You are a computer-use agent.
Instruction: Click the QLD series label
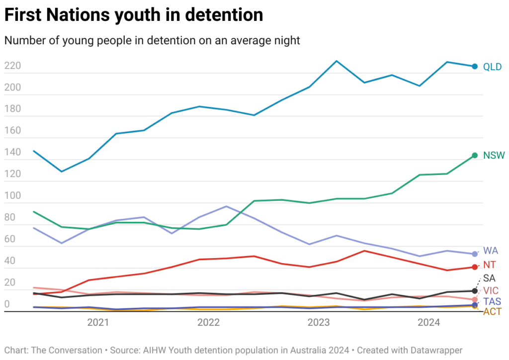pos(492,67)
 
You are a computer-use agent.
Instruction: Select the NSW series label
pos(494,156)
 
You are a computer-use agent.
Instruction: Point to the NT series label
pos(490,265)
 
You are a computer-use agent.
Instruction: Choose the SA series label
pos(489,278)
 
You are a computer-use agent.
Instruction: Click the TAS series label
pos(492,301)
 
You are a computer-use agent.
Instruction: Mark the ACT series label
pos(492,312)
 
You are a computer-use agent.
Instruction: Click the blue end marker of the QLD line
pos(475,67)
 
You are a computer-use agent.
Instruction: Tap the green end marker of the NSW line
pos(475,155)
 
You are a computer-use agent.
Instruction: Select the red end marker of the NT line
pos(475,267)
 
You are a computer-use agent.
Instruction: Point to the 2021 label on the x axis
pos(98,323)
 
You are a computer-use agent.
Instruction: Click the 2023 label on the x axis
pos(318,323)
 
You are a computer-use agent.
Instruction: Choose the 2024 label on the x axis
pos(428,323)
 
